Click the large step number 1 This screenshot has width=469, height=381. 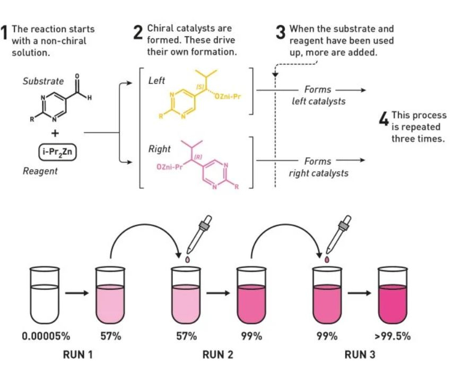click(x=4, y=32)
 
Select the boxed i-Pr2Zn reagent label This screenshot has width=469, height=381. click(x=57, y=152)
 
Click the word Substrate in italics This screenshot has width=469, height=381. click(x=43, y=81)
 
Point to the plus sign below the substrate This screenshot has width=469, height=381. click(x=55, y=133)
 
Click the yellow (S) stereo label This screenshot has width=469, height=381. click(x=200, y=87)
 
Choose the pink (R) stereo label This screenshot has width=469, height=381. click(x=198, y=156)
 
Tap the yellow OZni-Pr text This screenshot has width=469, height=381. click(x=228, y=96)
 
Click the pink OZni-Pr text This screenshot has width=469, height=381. click(x=169, y=167)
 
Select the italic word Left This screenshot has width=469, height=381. click(x=157, y=81)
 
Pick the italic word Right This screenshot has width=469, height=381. click(x=159, y=149)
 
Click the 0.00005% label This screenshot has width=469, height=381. click(x=46, y=336)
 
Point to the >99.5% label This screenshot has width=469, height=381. click(x=393, y=336)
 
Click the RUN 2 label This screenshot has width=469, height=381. click(x=218, y=355)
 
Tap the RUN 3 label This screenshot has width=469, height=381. click(x=360, y=355)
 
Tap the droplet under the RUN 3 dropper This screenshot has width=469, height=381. click(x=327, y=259)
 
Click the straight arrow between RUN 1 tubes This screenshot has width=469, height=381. click(x=77, y=293)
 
